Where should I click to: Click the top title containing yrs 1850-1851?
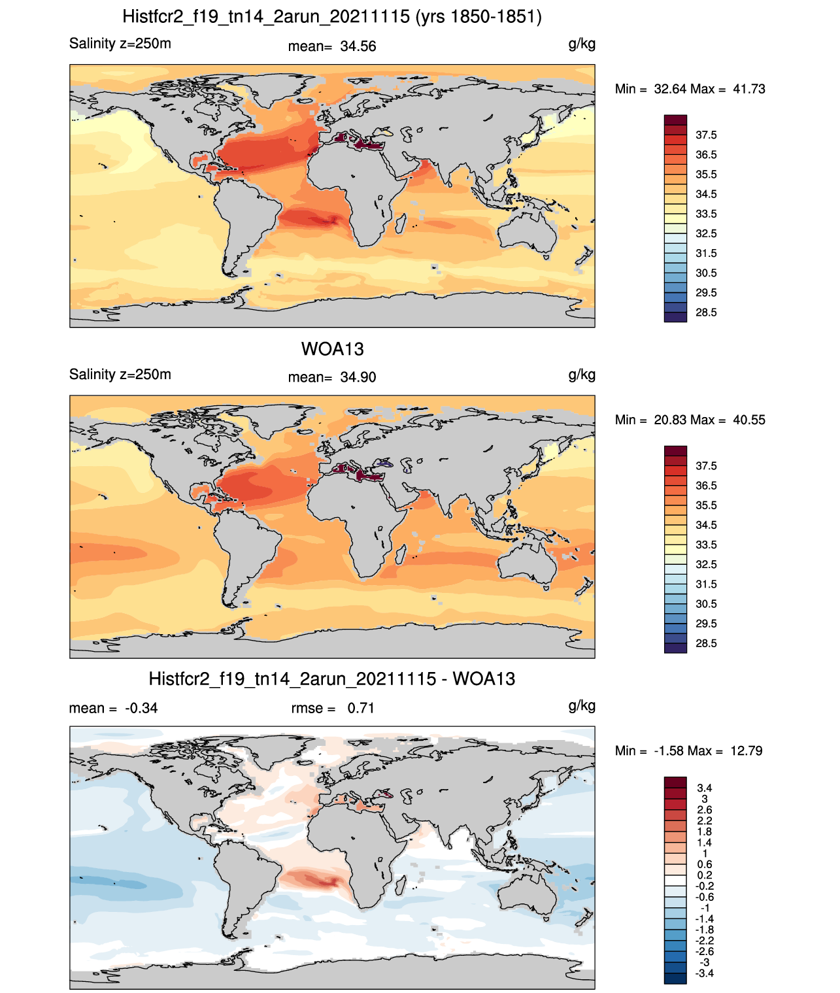pyautogui.click(x=332, y=17)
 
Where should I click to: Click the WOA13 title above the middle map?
pyautogui.click(x=332, y=349)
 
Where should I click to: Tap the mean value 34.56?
pyautogui.click(x=358, y=46)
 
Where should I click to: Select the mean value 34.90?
pyautogui.click(x=358, y=377)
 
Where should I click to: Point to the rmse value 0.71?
pyautogui.click(x=361, y=708)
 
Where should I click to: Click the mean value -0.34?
pyautogui.click(x=141, y=708)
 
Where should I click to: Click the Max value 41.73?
pyautogui.click(x=748, y=89)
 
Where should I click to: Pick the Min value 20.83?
pyautogui.click(x=670, y=420)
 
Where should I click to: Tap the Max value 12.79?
pyautogui.click(x=747, y=751)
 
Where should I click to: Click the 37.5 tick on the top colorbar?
pyautogui.click(x=706, y=135)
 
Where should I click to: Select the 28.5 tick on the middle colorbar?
pyautogui.click(x=706, y=643)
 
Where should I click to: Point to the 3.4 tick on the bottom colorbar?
pyautogui.click(x=705, y=788)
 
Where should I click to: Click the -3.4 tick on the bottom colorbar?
pyautogui.click(x=705, y=973)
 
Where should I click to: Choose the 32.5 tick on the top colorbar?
pyautogui.click(x=706, y=233)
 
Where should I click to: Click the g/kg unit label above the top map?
pyautogui.click(x=582, y=44)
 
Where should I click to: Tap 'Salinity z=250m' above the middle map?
pyautogui.click(x=120, y=374)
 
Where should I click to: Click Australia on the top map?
pyautogui.click(x=527, y=233)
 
